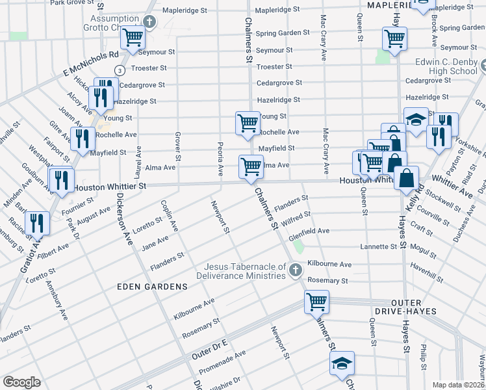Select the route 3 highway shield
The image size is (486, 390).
coord(120,70)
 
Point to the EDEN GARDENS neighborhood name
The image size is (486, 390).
coord(152,286)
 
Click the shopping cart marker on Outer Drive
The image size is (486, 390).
coord(316,301)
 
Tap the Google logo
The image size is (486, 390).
coord(21,382)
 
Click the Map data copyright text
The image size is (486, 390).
coord(459,385)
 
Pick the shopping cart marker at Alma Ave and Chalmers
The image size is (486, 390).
coord(251,166)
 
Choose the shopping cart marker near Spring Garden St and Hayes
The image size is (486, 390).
coord(394,38)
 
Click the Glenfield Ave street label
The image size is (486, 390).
coord(309,231)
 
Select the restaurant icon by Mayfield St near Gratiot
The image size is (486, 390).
coord(81,138)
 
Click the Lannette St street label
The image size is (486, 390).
coord(379,247)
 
